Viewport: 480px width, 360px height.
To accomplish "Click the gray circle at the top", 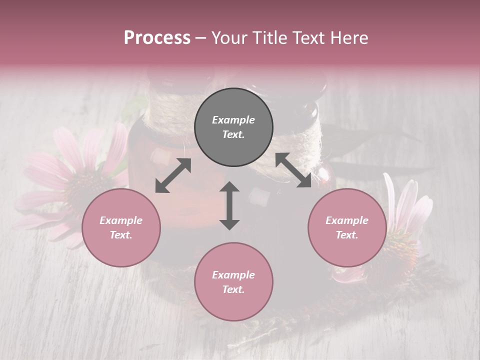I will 233,127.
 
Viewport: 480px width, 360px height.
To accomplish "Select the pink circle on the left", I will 121,227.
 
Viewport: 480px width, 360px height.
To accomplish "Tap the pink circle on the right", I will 347,227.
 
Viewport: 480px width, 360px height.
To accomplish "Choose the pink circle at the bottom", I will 233,282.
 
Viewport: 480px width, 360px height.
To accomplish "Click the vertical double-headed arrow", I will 229,205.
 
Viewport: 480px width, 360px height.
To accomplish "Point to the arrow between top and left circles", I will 173,175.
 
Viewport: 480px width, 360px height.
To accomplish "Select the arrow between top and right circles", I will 293,170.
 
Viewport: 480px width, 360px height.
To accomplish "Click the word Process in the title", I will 157,38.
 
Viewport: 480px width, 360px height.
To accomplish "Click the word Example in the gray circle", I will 233,120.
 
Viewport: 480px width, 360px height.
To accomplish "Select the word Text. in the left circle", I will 121,235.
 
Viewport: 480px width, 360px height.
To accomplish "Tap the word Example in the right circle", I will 347,220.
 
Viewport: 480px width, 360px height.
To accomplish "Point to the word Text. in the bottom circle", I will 233,289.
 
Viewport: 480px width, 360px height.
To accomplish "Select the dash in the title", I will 201,38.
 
